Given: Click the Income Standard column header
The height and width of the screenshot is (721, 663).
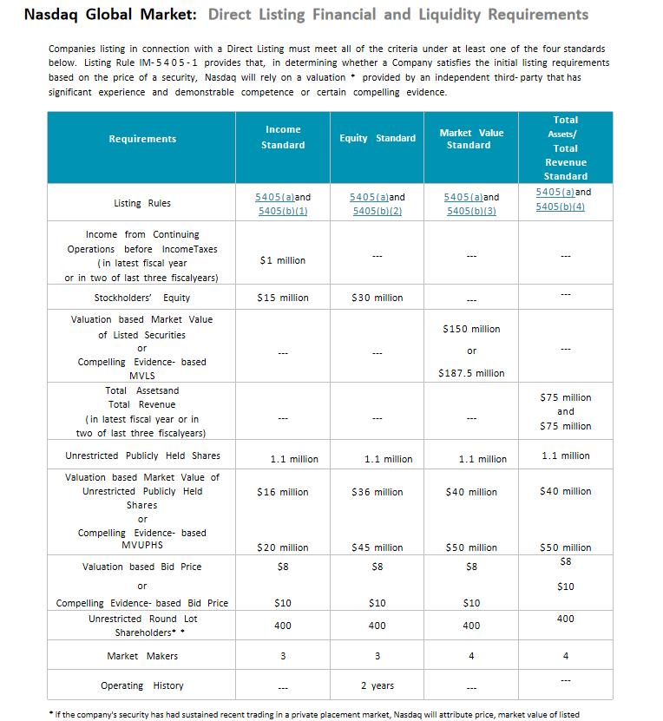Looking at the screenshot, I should click(283, 137).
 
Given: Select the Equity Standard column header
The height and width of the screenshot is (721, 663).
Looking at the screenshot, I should click(377, 138).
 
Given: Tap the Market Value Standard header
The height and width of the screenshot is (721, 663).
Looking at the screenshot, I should click(471, 139).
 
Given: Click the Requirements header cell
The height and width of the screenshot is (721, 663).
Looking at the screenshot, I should click(142, 139).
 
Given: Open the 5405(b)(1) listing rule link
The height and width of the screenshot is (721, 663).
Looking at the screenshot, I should click(283, 212).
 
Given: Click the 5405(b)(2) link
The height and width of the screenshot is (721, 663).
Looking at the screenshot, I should click(377, 212).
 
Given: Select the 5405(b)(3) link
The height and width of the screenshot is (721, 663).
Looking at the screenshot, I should click(471, 212).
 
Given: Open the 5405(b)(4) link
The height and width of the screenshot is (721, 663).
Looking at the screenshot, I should click(560, 206).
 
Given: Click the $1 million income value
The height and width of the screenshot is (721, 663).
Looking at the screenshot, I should click(283, 260).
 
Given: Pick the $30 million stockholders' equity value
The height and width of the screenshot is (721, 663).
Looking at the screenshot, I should click(377, 298).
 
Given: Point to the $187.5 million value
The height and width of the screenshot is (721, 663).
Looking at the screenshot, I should click(471, 373).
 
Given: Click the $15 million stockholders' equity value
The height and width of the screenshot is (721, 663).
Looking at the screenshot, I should click(283, 298).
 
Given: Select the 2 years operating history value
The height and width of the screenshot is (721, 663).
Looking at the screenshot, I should click(377, 685).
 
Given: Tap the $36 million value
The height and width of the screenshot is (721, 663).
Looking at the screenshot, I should click(377, 492).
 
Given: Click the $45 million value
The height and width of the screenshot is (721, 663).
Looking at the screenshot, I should click(377, 547).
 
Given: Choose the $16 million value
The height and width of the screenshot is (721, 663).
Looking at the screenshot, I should click(283, 492).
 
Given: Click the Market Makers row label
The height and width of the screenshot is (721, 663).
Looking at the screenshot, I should click(142, 656).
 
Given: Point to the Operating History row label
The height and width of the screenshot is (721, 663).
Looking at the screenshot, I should click(142, 685).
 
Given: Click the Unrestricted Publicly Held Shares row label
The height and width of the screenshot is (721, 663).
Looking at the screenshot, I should click(142, 456).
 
